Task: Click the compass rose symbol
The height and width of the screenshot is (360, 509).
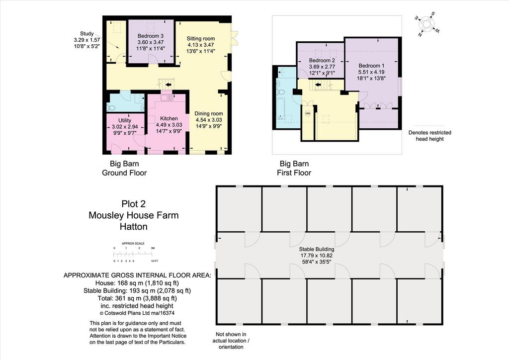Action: pos(426,24)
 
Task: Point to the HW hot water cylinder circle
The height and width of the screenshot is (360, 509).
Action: pos(308,113)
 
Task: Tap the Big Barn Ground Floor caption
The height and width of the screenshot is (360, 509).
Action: pos(124,168)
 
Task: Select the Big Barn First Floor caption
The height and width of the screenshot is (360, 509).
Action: pos(294,168)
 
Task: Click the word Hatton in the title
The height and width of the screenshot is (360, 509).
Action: pos(134,226)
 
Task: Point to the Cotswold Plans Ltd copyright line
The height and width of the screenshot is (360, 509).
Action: pos(137,313)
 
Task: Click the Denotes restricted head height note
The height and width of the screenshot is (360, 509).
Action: pos(430,136)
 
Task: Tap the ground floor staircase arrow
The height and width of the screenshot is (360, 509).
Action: pos(168,85)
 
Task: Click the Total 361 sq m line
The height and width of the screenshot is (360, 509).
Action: pos(137,298)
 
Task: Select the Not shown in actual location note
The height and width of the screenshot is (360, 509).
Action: pos(231,341)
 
